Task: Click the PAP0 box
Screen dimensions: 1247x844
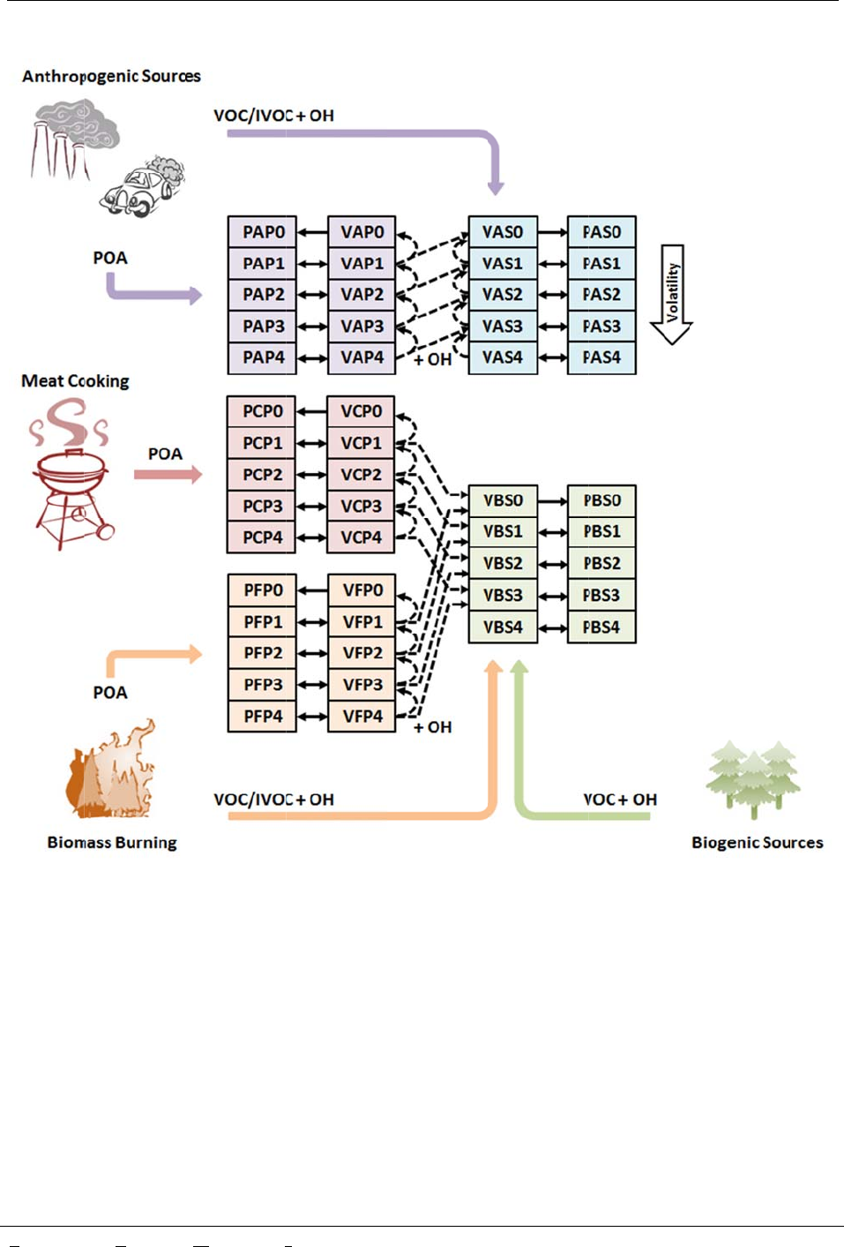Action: [x=262, y=232]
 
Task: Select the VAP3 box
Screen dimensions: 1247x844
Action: [x=362, y=326]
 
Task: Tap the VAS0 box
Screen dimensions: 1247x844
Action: [x=503, y=232]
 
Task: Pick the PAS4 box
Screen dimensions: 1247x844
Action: [x=601, y=357]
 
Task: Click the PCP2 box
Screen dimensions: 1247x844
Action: [x=262, y=475]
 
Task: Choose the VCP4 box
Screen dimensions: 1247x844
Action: [x=361, y=537]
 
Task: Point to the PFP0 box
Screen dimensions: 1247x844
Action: [x=263, y=590]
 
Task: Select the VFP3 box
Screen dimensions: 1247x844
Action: [x=362, y=685]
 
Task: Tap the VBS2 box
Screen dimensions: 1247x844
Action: [x=503, y=563]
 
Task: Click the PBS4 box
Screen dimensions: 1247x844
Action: [x=601, y=627]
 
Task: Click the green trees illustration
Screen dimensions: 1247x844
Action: [x=754, y=777]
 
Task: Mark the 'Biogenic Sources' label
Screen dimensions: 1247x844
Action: [x=757, y=843]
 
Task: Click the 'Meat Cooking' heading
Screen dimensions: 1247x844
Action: [x=75, y=381]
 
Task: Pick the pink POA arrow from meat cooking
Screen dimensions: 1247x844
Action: [x=168, y=475]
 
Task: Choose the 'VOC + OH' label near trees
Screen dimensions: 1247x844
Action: [x=620, y=800]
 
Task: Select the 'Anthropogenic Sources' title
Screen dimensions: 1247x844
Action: [x=111, y=77]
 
